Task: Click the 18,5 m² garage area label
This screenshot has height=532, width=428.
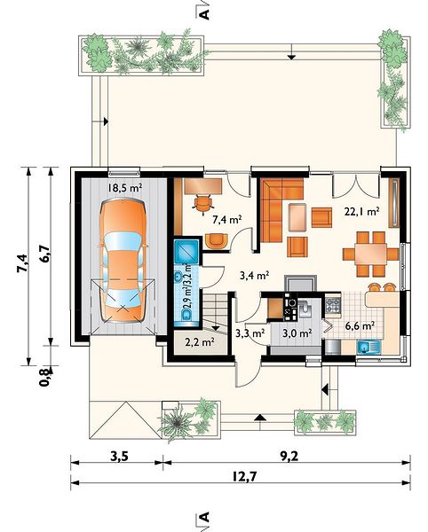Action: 124,187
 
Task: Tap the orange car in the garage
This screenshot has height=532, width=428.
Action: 123,260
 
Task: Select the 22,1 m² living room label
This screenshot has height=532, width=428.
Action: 361,212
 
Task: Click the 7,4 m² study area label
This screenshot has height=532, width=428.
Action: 227,220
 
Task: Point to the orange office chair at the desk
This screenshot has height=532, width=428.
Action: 202,204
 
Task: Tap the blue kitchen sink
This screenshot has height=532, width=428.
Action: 369,347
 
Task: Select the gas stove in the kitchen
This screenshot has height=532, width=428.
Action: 333,305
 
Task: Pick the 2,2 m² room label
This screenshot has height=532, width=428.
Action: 200,342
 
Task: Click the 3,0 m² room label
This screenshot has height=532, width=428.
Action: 297,333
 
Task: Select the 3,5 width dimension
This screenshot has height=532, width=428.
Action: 119,457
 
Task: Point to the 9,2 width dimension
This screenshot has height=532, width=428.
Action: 289,457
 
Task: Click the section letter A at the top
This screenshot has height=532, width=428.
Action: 204,13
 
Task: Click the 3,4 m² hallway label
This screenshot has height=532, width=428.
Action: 255,276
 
